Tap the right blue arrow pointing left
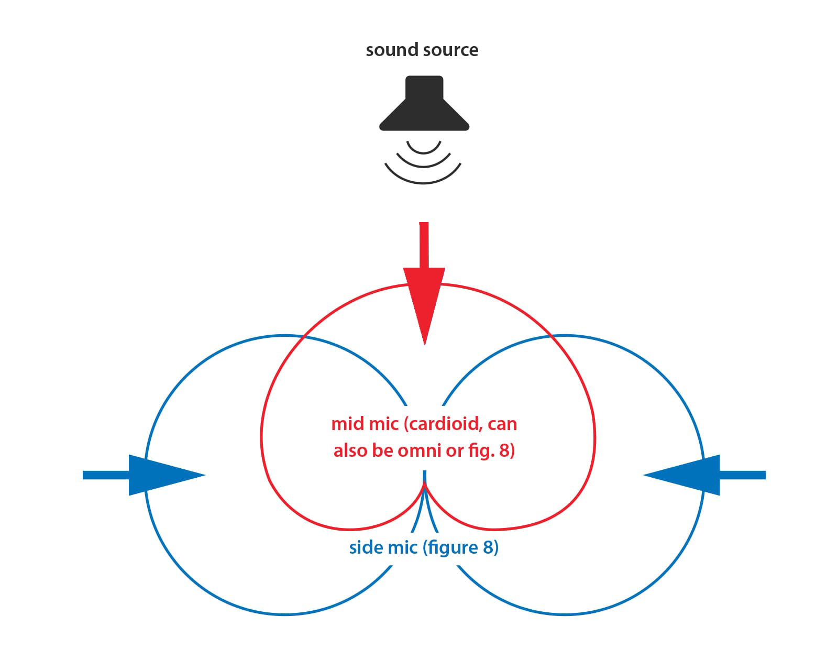691,475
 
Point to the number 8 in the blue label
488,548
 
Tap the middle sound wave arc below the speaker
423,163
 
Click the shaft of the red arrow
424,244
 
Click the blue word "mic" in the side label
402,548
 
